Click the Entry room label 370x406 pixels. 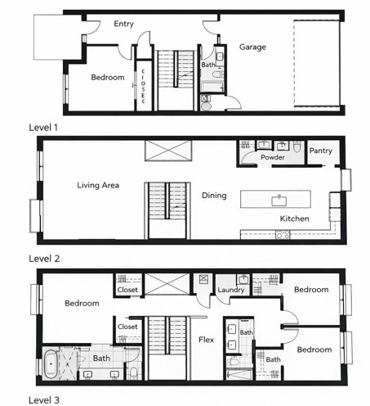[x=124, y=24]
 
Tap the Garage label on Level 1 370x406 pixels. [x=252, y=47]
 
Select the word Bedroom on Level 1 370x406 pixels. [x=108, y=78]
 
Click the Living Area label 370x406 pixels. [x=99, y=185]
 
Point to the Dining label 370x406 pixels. [x=214, y=196]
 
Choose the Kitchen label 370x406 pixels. [x=294, y=219]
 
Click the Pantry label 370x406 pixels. [x=321, y=151]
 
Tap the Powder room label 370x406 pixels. [x=272, y=157]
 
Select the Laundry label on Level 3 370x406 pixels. [x=233, y=291]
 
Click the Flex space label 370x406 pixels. [x=207, y=339]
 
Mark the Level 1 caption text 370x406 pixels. [x=45, y=128]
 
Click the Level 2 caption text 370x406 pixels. [x=45, y=258]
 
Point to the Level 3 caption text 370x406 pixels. [x=45, y=399]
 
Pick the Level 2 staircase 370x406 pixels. [x=167, y=209]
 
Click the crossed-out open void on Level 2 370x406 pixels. [x=167, y=151]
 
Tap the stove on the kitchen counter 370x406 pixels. [x=283, y=235]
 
